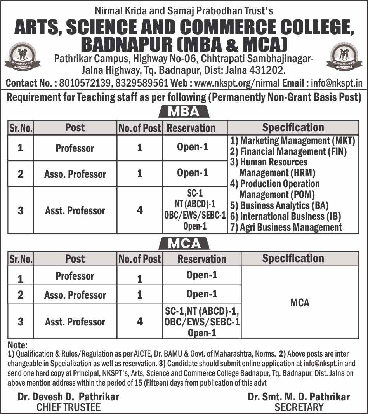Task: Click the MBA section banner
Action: (x=184, y=112)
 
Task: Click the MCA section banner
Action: (x=184, y=244)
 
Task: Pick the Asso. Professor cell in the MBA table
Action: (x=75, y=174)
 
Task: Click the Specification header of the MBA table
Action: (x=293, y=127)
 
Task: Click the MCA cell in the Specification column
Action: (x=300, y=303)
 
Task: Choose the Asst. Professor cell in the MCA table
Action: (x=75, y=322)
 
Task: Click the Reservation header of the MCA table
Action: (x=201, y=259)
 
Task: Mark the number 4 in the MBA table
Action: (x=140, y=210)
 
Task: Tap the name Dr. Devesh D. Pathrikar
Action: (x=68, y=397)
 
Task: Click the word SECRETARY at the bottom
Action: (x=299, y=407)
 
